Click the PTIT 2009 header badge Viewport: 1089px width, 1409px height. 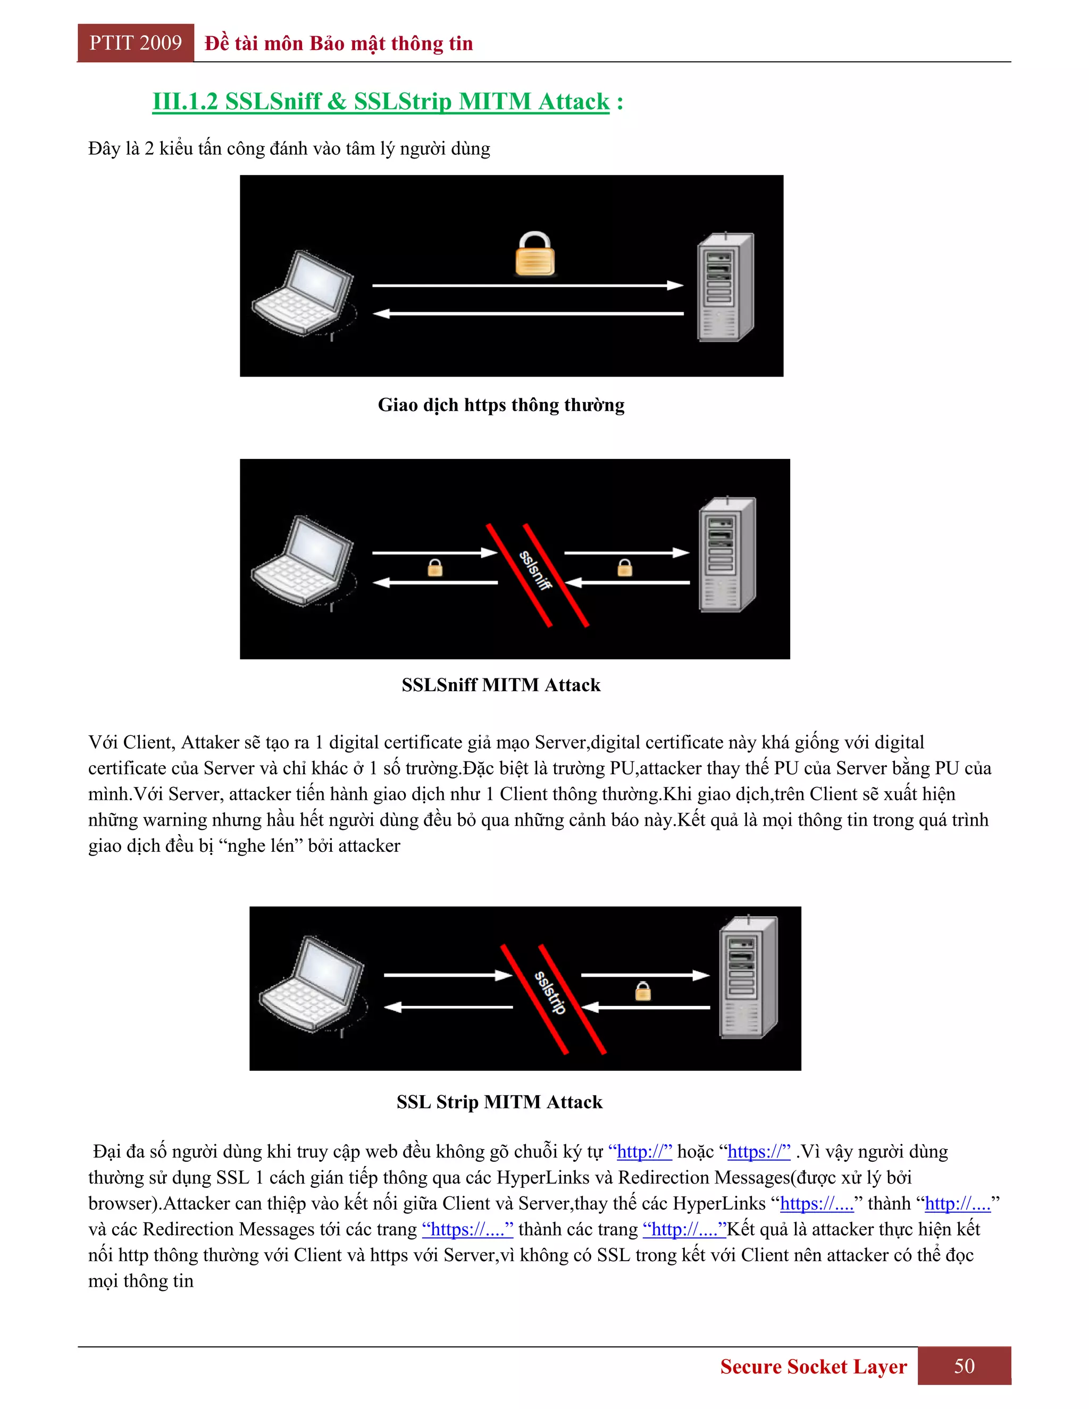[136, 43]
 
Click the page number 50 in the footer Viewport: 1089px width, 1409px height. [964, 1366]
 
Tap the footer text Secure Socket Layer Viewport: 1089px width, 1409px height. [813, 1366]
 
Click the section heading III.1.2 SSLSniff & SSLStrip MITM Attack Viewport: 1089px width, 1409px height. [381, 101]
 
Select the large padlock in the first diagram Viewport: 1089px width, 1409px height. [535, 254]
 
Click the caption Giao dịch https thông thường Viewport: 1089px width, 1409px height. [500, 405]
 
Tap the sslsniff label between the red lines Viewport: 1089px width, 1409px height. [536, 569]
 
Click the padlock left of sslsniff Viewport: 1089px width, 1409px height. [435, 568]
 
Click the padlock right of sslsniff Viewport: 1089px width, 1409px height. [624, 568]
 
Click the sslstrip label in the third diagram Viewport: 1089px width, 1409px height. [550, 993]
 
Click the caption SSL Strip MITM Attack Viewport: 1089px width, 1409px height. [499, 1101]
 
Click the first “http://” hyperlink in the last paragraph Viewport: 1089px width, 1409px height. [640, 1152]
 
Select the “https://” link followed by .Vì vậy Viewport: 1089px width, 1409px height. [758, 1152]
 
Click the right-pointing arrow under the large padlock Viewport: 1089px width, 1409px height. [527, 285]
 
